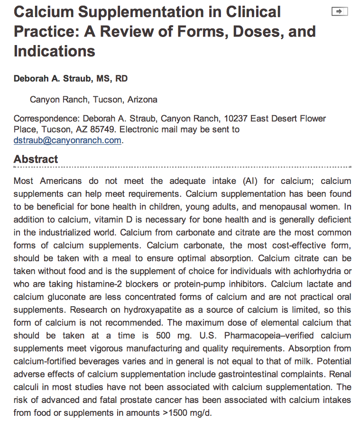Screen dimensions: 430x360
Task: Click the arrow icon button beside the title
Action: coord(340,12)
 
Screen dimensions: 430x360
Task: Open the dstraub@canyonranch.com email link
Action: coord(67,140)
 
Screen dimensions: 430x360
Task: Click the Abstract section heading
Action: coord(36,159)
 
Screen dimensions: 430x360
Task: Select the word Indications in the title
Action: coord(55,51)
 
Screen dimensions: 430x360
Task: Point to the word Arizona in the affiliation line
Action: coord(142,100)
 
